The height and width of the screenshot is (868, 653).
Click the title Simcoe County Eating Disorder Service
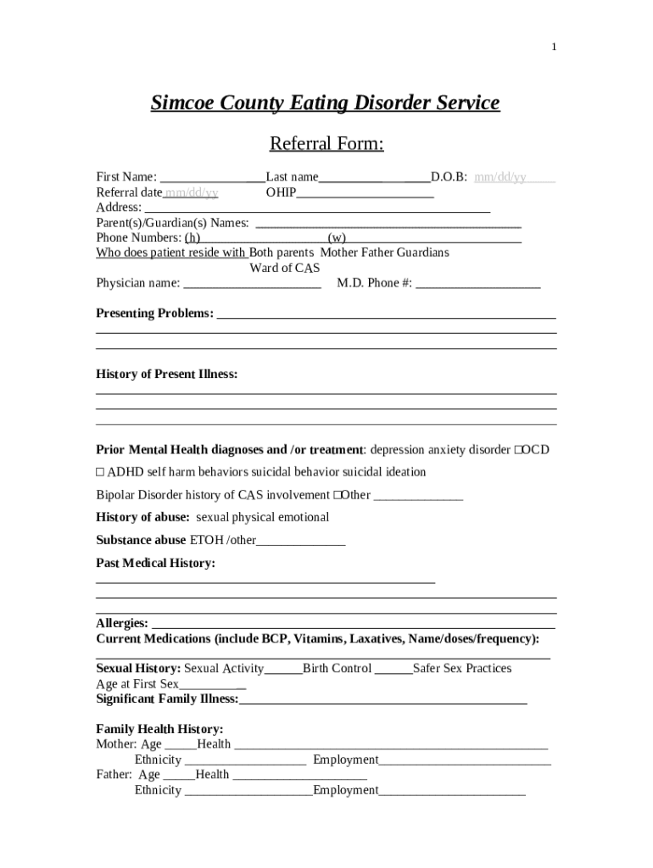325,103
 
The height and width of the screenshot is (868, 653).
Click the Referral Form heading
326,144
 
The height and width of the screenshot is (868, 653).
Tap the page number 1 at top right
554,47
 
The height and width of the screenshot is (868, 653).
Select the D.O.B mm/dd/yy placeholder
500,177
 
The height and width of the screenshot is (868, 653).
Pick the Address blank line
317,208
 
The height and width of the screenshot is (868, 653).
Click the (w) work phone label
337,238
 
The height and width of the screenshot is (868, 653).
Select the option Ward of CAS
285,269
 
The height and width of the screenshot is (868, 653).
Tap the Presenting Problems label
154,314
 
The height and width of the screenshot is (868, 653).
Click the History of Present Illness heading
166,375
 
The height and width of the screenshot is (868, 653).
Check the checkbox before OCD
517,450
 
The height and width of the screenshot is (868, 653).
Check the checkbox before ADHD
100,472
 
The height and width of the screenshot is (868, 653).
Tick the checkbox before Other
337,495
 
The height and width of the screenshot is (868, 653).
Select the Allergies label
122,624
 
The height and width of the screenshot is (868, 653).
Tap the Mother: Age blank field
180,745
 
